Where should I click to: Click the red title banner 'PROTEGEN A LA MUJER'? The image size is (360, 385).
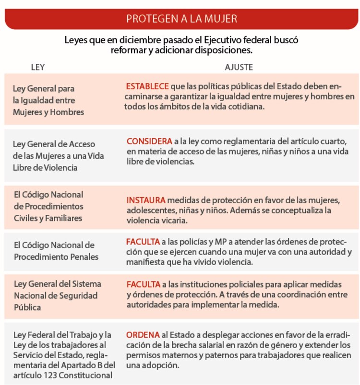click(181, 19)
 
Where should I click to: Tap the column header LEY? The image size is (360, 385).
click(37, 68)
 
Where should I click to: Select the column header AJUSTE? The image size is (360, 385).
click(239, 68)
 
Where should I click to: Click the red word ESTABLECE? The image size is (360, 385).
click(147, 86)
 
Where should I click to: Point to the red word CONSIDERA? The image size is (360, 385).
click(149, 141)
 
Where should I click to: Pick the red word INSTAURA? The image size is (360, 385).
click(146, 200)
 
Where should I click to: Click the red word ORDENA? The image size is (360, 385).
click(143, 335)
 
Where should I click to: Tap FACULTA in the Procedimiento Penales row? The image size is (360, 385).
click(143, 241)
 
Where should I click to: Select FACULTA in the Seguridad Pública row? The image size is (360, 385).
click(143, 283)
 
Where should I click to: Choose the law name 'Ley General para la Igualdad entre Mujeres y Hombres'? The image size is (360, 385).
click(48, 100)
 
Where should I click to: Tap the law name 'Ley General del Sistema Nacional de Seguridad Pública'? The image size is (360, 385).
click(56, 295)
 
